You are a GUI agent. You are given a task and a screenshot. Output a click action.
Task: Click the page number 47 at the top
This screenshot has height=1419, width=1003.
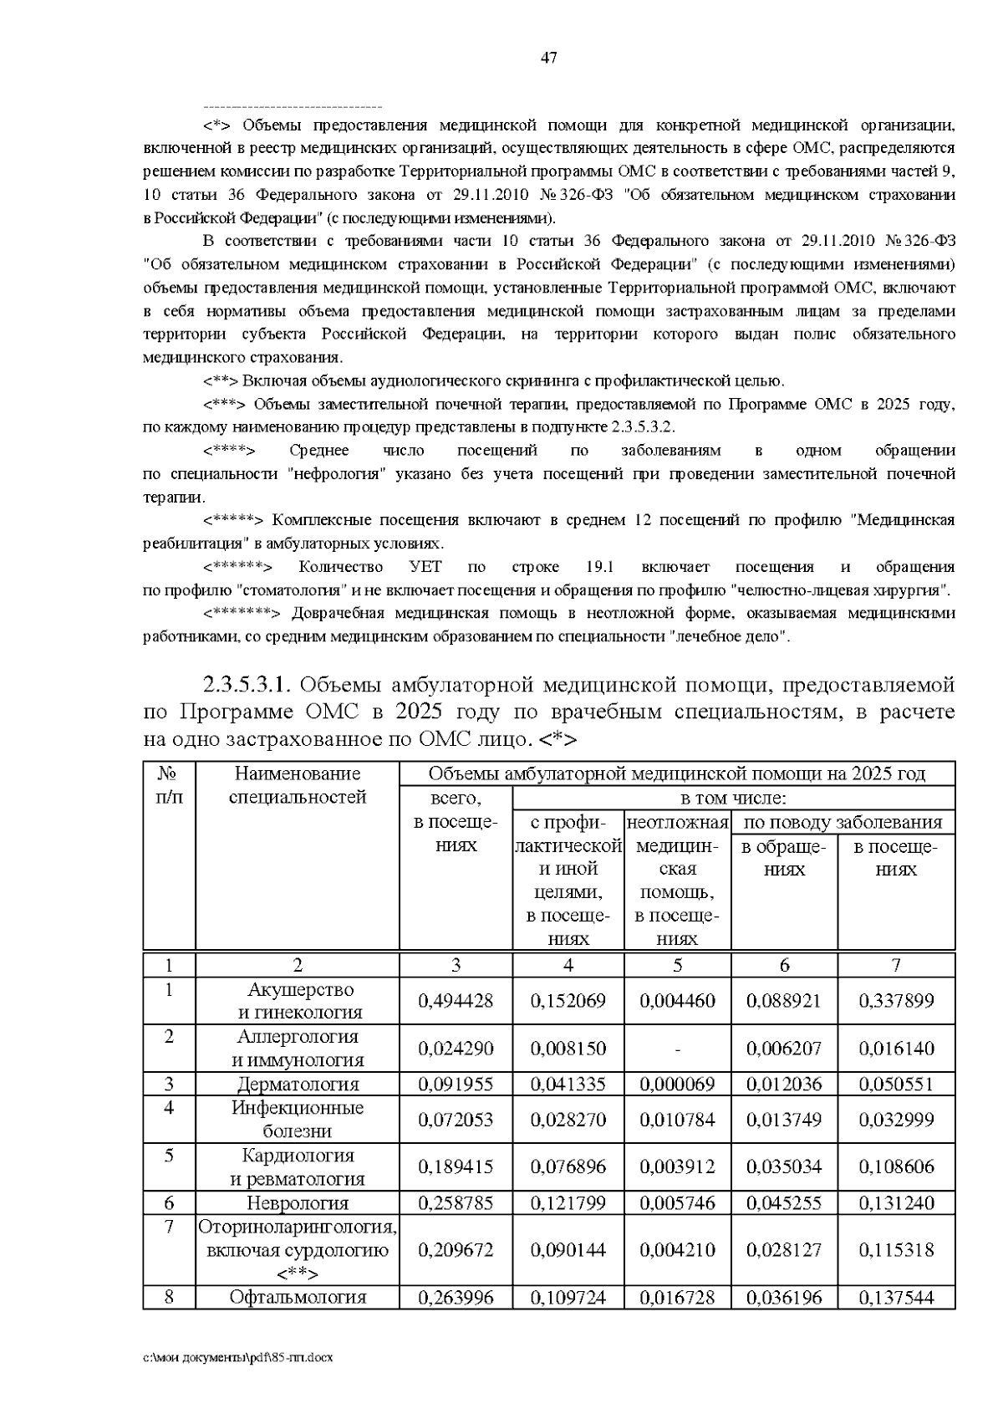click(548, 58)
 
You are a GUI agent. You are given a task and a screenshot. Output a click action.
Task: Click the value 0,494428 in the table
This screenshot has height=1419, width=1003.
click(456, 1001)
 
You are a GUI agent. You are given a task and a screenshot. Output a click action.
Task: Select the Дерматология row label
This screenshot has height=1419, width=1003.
click(298, 1085)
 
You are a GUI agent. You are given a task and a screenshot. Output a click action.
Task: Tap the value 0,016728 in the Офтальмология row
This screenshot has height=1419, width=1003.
click(677, 1298)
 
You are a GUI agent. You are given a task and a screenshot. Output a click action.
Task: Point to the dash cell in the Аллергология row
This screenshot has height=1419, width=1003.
click(677, 1049)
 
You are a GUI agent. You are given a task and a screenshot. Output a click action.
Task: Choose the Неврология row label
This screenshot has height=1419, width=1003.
click(298, 1203)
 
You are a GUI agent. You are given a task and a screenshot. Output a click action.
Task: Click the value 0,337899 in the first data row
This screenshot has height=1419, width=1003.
click(896, 1001)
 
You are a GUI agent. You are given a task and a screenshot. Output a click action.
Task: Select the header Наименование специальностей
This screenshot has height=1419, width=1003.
click(298, 785)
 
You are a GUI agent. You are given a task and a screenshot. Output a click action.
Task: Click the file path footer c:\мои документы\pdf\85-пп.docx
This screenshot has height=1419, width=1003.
click(238, 1357)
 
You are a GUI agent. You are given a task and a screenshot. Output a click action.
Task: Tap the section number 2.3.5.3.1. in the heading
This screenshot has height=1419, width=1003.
click(247, 686)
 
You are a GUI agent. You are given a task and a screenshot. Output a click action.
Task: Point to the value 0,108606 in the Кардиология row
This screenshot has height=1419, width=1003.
click(896, 1166)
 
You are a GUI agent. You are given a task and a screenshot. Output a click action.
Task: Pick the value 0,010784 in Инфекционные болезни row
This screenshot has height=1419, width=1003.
click(677, 1120)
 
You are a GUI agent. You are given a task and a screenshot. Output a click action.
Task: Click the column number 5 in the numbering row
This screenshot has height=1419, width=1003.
click(677, 965)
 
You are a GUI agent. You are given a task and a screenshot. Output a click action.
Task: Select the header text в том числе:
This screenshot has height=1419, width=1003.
click(733, 798)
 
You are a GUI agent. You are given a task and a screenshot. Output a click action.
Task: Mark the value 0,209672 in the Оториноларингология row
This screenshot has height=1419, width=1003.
click(456, 1250)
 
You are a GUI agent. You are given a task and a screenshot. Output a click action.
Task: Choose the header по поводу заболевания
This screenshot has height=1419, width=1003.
click(843, 822)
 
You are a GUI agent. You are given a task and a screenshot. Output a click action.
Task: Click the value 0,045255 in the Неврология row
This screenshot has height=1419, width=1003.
click(784, 1203)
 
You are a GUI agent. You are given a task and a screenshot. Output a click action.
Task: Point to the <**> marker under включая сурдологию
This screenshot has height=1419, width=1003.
click(297, 1274)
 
